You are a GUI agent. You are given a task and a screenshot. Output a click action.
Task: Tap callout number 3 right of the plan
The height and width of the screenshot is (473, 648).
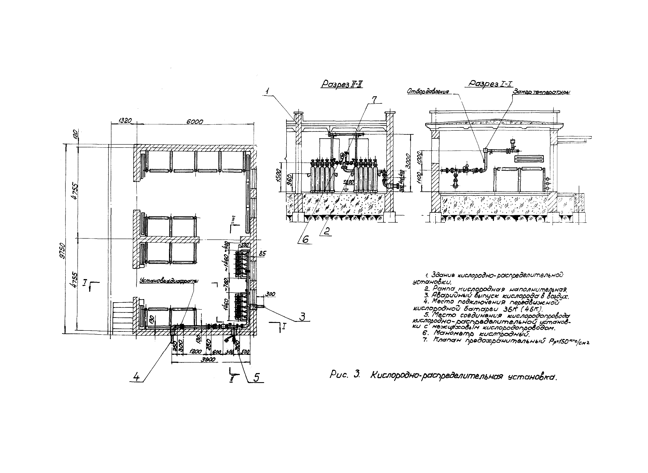302,316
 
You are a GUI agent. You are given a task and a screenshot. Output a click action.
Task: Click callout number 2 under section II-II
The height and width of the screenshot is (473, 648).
326,231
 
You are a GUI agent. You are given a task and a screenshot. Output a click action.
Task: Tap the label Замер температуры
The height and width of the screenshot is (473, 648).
541,92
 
